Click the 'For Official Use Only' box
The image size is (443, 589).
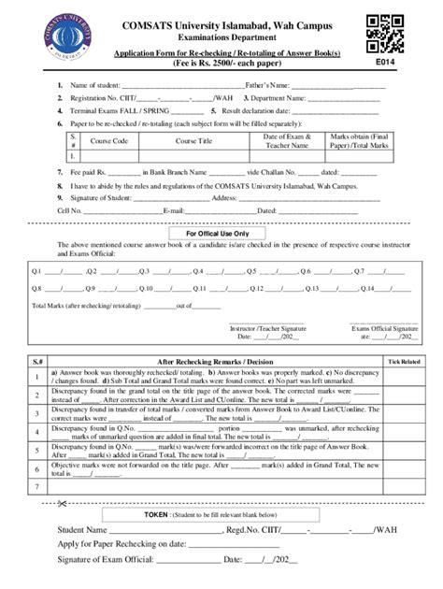pos(221,234)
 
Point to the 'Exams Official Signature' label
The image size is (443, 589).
pos(384,330)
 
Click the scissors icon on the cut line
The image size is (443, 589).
pos(62,504)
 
